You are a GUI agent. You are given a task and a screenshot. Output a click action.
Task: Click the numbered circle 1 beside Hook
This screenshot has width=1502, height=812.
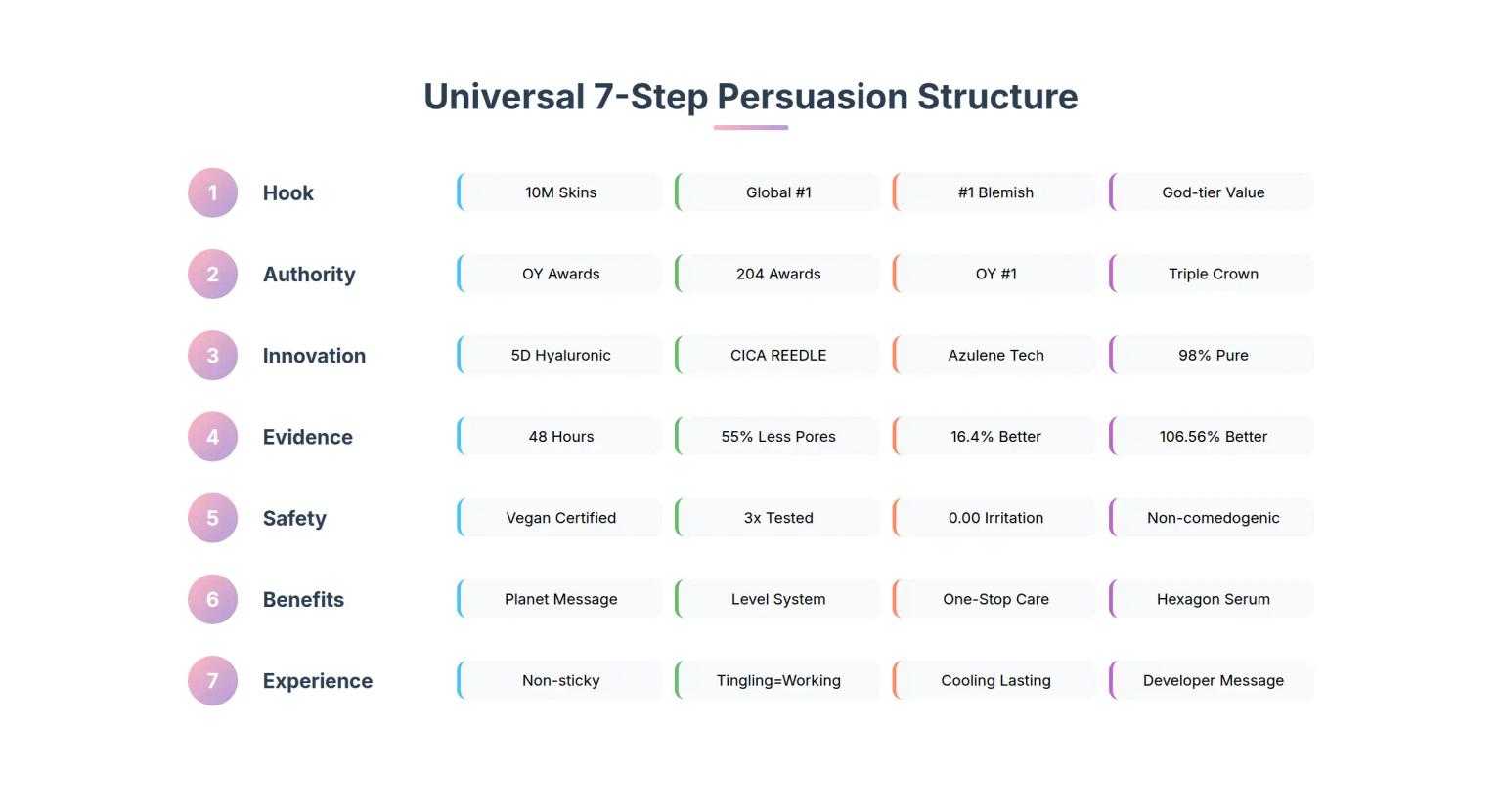coord(212,192)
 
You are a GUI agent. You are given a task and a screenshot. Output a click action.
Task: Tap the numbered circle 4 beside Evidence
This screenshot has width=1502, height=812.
coord(212,437)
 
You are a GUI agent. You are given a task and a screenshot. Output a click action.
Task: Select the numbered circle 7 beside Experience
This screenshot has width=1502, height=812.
coord(212,681)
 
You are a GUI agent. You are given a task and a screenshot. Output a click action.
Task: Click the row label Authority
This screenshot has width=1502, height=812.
coord(309,275)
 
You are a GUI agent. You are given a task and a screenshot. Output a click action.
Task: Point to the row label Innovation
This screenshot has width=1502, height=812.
coord(314,356)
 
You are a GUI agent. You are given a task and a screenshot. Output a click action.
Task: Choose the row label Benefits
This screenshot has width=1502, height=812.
coord(303,600)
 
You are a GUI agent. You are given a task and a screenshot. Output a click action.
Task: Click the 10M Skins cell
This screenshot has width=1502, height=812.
coord(560,192)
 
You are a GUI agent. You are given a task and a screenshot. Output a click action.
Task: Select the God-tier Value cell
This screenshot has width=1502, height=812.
coord(1213,192)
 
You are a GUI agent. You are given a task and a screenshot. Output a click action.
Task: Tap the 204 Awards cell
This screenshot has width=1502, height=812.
coord(778,274)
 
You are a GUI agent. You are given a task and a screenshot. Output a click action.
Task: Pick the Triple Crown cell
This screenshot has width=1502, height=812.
coord(1213,274)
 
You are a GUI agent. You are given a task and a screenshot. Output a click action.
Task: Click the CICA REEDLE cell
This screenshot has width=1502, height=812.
coord(778,356)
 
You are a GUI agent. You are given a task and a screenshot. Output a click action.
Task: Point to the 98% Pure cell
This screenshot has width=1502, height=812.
coord(1213,356)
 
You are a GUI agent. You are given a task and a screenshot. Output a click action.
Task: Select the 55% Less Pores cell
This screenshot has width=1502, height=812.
coord(778,437)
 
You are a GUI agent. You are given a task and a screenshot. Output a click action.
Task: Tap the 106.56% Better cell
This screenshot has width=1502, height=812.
coord(1213,437)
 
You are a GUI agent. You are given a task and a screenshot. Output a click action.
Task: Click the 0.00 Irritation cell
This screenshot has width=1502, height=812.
coord(995,518)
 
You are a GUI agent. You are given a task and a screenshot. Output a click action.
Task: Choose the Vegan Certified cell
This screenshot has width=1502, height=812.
coord(560,518)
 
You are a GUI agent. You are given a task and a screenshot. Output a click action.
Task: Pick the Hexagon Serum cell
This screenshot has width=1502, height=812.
coord(1213,599)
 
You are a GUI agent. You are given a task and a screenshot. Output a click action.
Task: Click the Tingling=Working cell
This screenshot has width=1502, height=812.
coord(778,680)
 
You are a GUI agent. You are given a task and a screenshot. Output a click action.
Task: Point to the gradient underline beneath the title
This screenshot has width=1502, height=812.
coord(750,127)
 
